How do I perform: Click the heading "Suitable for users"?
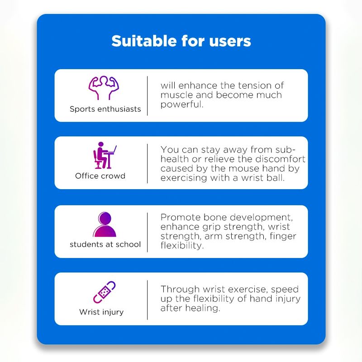click(x=181, y=41)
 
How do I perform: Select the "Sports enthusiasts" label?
click(x=105, y=109)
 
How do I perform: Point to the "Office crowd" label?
click(x=100, y=176)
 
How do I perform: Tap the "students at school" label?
click(x=105, y=244)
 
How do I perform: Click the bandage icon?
click(x=105, y=292)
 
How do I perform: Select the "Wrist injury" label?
click(x=101, y=312)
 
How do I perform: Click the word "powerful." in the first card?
click(x=182, y=105)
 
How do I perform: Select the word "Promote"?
click(x=181, y=217)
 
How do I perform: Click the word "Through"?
click(x=180, y=289)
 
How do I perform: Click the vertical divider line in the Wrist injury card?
click(x=148, y=300)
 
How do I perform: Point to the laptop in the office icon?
click(x=112, y=150)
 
